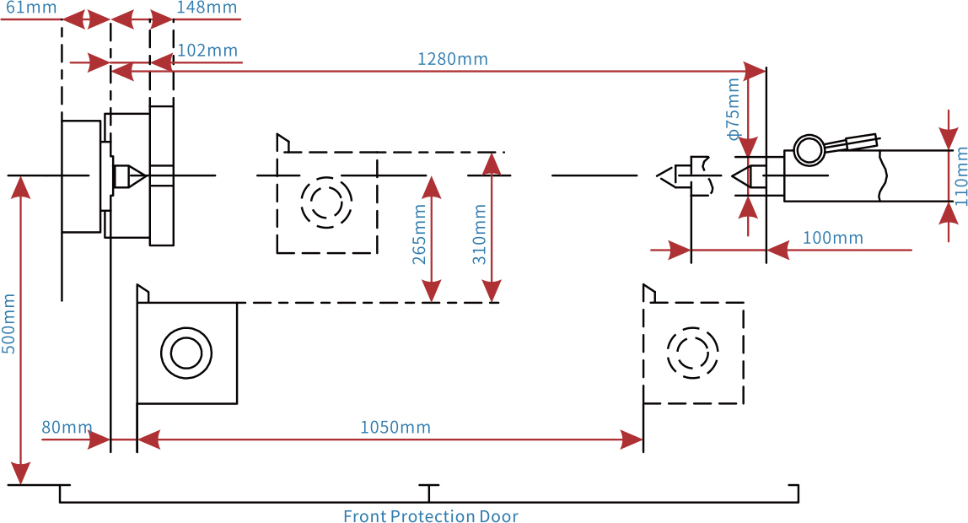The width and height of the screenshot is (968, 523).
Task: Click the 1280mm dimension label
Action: point(453,59)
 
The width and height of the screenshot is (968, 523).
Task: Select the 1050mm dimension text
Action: point(395,427)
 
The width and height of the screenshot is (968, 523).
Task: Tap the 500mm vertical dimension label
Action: point(8,324)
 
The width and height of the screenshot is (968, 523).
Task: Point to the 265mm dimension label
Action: point(419,235)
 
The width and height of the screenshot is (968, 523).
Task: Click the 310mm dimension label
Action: point(479,235)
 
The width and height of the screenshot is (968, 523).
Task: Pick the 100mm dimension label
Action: point(833,238)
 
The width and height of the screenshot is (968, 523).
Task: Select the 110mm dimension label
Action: point(960,176)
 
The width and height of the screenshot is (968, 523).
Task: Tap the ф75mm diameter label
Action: point(733,109)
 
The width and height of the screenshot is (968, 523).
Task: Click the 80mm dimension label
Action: point(67,427)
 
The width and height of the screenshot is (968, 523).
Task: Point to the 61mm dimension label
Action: point(31,8)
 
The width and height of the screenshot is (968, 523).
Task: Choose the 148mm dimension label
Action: point(207,8)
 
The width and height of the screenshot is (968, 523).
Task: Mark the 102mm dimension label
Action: point(207,50)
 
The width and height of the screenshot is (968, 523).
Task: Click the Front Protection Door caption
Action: point(431,515)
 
